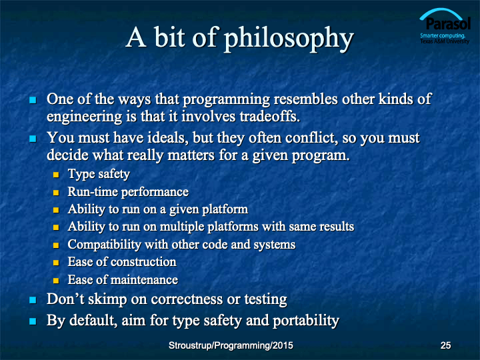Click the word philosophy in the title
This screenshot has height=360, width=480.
[289, 39]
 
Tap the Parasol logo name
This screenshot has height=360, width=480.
[448, 24]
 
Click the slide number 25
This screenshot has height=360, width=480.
[445, 345]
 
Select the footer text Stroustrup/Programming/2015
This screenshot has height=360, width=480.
[231, 345]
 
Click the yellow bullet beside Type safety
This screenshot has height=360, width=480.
[56, 175]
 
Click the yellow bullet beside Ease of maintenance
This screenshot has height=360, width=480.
[56, 281]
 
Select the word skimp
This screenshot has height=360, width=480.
[107, 300]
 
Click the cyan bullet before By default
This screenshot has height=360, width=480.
[33, 321]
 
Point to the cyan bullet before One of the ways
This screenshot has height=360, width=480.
[33, 100]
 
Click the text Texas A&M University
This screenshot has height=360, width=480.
[445, 41]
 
